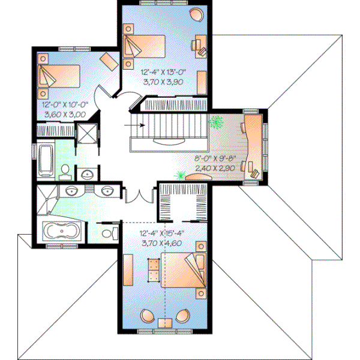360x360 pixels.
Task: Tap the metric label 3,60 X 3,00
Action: point(64,113)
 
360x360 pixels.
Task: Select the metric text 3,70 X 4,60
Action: point(161,242)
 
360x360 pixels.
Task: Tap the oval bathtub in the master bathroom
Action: point(62,232)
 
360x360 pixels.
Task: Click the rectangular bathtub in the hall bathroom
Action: point(44,159)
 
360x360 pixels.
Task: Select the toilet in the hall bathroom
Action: point(65,172)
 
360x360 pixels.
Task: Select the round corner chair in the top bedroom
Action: point(196,13)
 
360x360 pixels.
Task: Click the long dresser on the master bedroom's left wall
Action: point(127,269)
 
